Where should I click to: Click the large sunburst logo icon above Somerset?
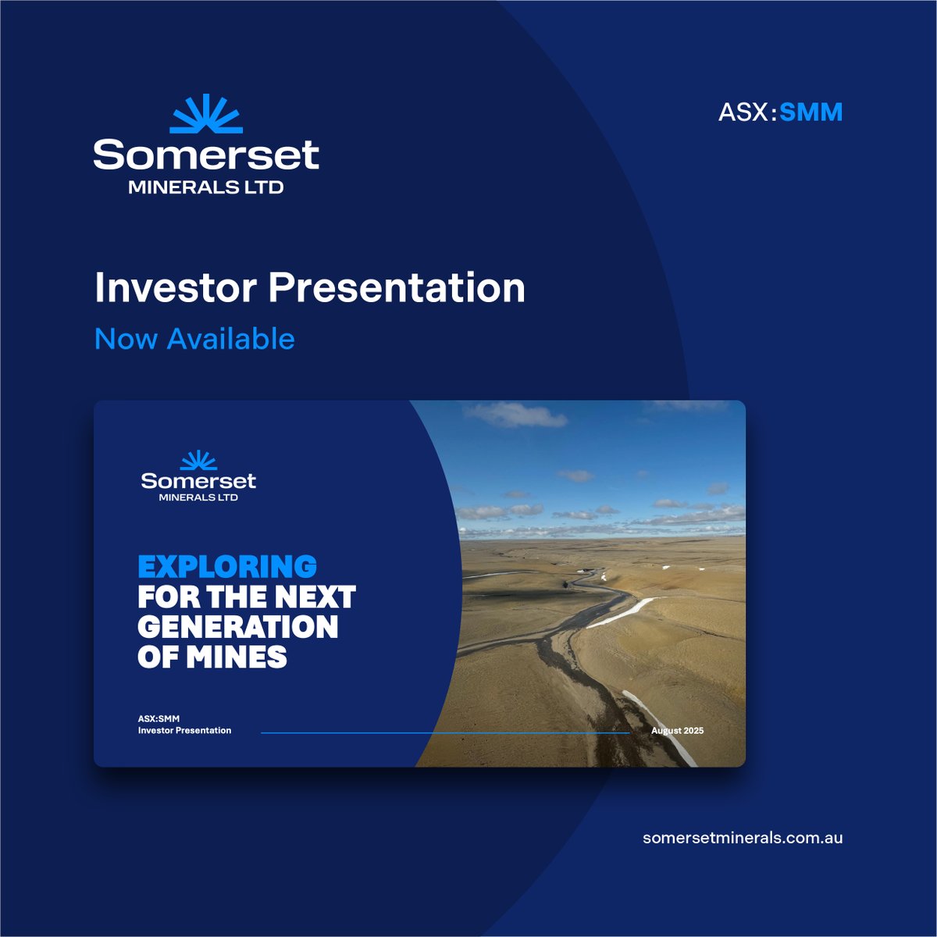coord(206,114)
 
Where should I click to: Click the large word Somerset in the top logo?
coord(206,155)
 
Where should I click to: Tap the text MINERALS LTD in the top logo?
coord(206,187)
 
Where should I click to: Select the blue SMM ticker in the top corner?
coord(811,112)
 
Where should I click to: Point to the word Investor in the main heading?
coord(176,288)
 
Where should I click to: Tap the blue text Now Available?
coord(194,339)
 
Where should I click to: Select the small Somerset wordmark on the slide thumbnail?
coord(198,480)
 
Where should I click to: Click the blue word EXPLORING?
coord(227,566)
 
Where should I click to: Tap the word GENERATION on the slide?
coord(237,627)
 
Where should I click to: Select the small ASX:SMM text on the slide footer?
coord(159,718)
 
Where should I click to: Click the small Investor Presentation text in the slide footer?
coord(184,731)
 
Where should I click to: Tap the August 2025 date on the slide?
coord(677,731)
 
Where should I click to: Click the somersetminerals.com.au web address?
coord(743,838)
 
